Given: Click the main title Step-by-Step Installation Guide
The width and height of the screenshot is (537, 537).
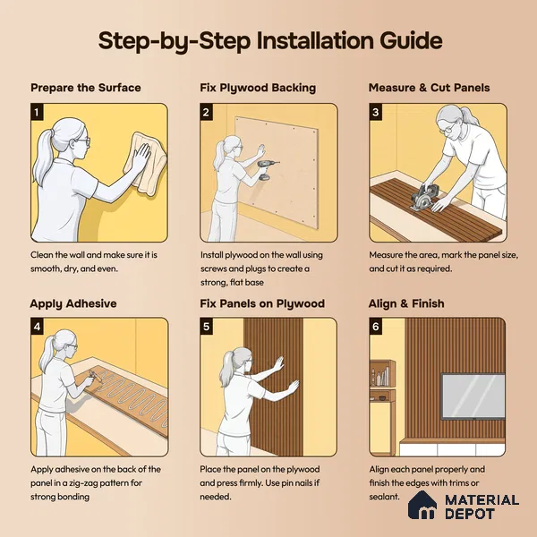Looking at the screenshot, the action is (x=270, y=41).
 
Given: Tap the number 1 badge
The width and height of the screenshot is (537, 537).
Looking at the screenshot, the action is (x=37, y=113).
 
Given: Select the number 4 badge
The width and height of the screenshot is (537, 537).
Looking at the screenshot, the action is (x=37, y=327).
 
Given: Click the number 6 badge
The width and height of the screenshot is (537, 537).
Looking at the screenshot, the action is (x=376, y=327).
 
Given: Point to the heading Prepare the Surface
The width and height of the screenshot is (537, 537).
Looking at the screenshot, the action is (x=86, y=88).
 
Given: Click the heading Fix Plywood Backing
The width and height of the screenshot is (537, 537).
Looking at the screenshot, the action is (x=258, y=88).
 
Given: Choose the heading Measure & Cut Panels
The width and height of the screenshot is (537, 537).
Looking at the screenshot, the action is (x=429, y=88).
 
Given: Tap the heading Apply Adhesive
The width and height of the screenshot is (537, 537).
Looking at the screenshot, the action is (x=73, y=303).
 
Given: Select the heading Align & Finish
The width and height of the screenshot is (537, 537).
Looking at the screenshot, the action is (x=406, y=303).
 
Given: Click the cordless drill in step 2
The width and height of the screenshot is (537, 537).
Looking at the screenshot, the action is (x=267, y=169).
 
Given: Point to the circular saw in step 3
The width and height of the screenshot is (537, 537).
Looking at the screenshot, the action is (x=424, y=198).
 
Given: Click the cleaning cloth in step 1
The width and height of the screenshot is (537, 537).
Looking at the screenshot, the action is (x=146, y=164).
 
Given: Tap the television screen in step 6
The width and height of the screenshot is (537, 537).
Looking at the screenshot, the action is (x=473, y=396).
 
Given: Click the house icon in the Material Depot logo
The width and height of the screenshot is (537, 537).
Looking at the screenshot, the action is (x=422, y=505).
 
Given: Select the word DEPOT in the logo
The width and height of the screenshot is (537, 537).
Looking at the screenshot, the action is (x=470, y=514).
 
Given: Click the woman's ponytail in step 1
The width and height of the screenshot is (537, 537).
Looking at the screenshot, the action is (x=43, y=154).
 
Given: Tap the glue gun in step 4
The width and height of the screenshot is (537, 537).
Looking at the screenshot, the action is (x=95, y=377).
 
